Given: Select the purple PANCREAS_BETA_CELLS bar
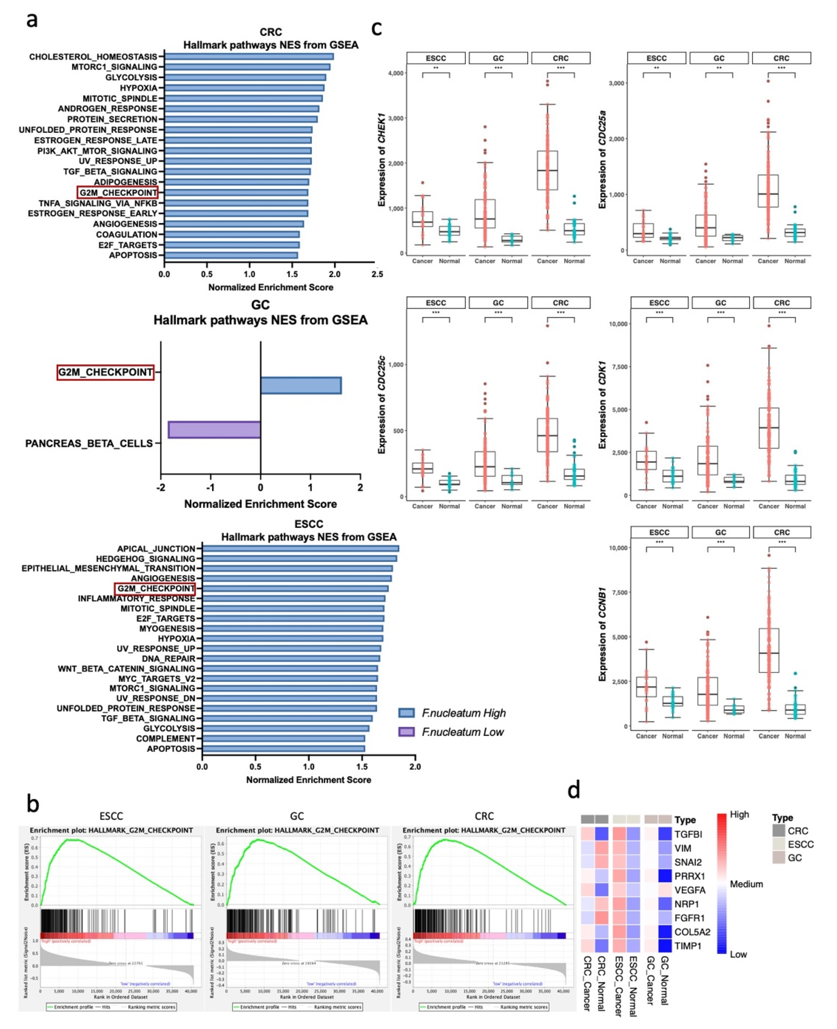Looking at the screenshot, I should tap(214, 429).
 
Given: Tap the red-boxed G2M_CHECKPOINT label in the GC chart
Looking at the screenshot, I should tap(106, 372).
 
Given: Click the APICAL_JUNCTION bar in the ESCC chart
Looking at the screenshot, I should tap(300, 548).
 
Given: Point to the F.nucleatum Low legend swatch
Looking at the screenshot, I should tap(406, 732).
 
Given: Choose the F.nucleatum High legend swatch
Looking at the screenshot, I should tap(406, 713).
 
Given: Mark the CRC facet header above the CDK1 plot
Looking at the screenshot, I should tap(782, 303).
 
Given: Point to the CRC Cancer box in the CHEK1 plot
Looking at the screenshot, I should tap(547, 170).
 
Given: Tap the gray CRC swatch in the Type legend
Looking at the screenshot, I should tap(778, 831).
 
